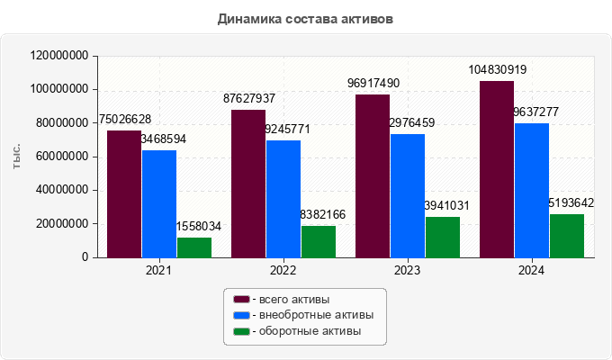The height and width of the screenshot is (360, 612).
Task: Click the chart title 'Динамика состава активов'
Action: click(305, 18)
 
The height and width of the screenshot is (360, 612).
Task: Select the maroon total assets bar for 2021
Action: click(124, 193)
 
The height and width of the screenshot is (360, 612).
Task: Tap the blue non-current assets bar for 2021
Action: click(159, 203)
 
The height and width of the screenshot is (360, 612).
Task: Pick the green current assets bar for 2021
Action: click(194, 247)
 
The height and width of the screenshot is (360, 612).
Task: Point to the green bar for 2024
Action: click(567, 236)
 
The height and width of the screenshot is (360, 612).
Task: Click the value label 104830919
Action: click(497, 70)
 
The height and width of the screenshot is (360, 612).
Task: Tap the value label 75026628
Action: click(124, 120)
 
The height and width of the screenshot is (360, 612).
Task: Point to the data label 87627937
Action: click(249, 99)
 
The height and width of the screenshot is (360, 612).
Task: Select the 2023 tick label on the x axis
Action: click(408, 270)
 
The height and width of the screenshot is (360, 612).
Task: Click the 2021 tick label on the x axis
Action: click(159, 270)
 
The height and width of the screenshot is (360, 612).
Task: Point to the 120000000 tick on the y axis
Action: click(59, 56)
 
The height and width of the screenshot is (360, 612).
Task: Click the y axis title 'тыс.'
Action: click(16, 157)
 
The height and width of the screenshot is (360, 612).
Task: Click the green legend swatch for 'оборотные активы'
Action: click(241, 331)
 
